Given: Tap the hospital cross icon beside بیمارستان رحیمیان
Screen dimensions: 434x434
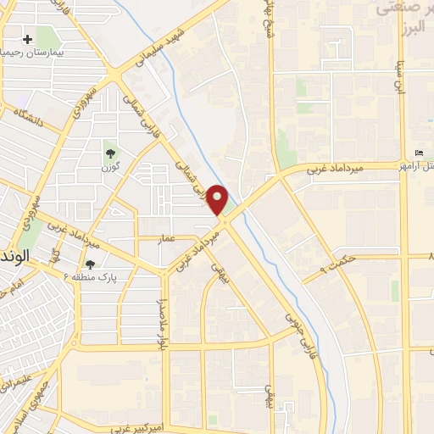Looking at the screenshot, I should coord(28,40).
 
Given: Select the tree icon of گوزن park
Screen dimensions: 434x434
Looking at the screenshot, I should coord(110,153).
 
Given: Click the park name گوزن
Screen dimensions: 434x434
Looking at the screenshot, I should coord(110,168).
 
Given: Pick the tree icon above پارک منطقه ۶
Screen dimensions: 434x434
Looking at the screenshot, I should coord(90,264).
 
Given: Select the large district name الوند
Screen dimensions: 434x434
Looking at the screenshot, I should coord(15,254).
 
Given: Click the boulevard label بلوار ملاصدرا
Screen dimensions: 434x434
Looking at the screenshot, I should coord(161,322).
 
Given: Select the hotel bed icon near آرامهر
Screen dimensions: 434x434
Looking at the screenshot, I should coord(420,153).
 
